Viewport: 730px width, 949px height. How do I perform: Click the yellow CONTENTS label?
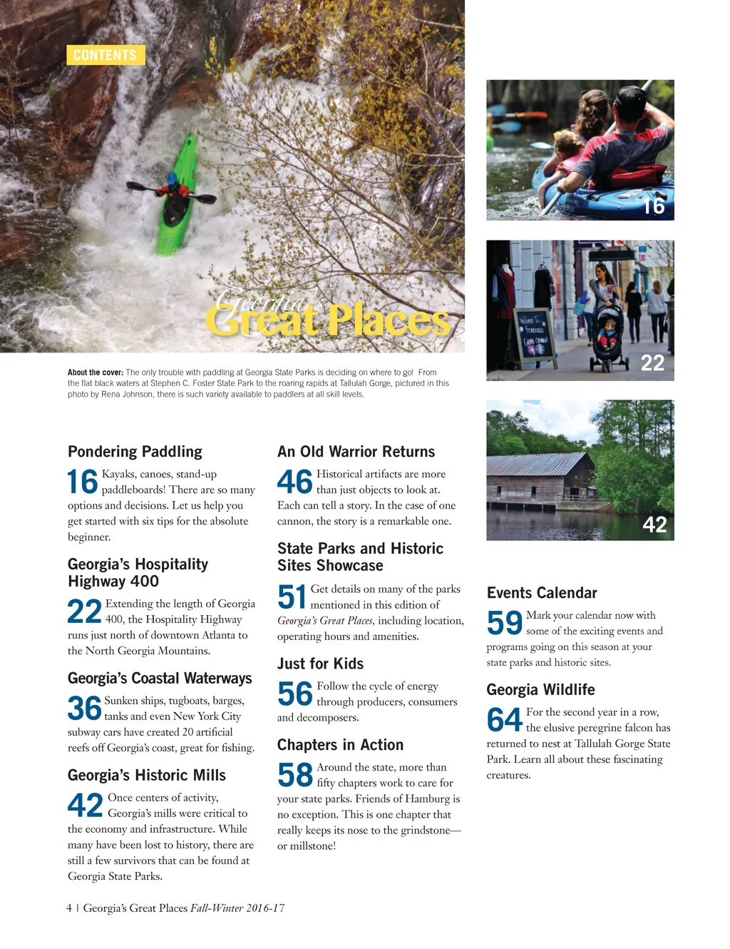click(x=106, y=55)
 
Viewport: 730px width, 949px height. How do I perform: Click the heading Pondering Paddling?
click(x=135, y=452)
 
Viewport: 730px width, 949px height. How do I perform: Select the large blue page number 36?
click(x=84, y=709)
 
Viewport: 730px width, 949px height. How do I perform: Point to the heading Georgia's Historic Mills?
click(x=146, y=776)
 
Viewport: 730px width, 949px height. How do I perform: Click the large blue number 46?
click(x=294, y=482)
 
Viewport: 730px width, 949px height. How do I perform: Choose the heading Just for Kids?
click(x=320, y=664)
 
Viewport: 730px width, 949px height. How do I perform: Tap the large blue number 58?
click(x=295, y=776)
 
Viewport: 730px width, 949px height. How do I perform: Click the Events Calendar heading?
click(x=542, y=593)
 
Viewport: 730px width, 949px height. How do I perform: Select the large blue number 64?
click(x=505, y=720)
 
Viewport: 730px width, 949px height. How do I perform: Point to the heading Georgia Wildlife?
click(x=540, y=690)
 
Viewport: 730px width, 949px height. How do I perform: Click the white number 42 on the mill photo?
click(x=654, y=525)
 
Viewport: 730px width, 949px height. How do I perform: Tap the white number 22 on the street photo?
click(x=652, y=363)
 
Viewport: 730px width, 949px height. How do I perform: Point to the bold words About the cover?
click(x=96, y=372)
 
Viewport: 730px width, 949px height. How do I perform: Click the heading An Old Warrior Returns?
click(x=356, y=452)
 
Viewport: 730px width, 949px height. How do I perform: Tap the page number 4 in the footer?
click(x=69, y=908)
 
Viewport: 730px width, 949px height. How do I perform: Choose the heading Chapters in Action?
click(x=340, y=745)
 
